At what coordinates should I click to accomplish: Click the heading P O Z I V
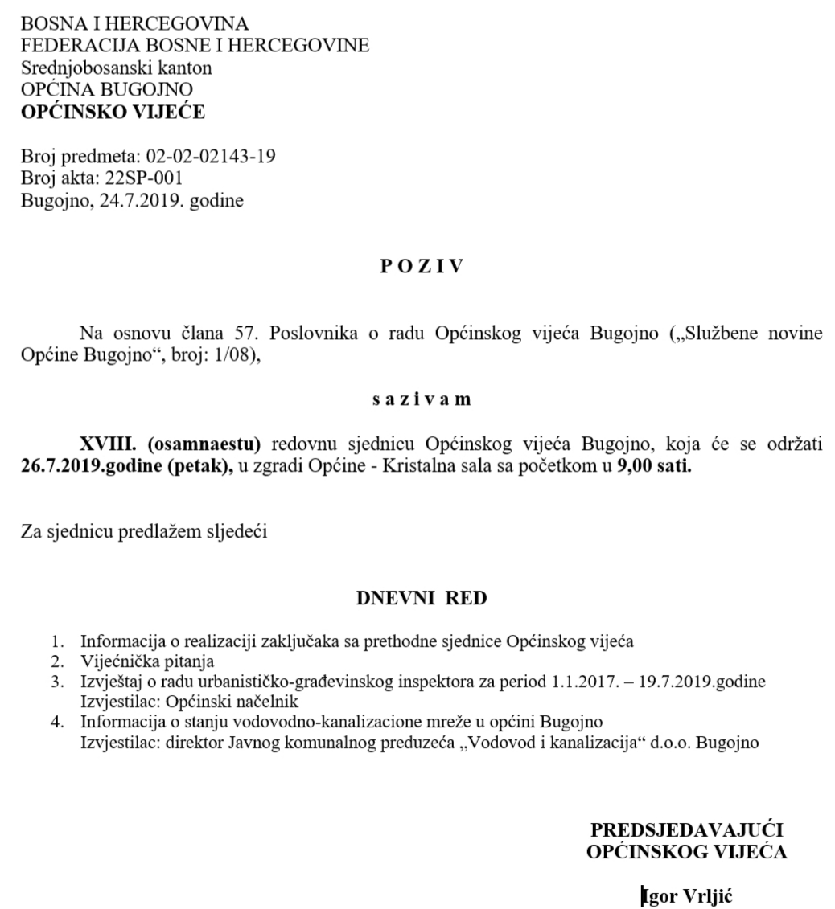[x=422, y=268]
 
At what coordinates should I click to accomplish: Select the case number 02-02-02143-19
[x=211, y=156]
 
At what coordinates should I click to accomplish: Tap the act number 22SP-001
[x=144, y=178]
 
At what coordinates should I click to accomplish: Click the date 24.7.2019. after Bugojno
[x=135, y=200]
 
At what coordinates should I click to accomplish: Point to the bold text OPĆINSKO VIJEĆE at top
[x=113, y=113]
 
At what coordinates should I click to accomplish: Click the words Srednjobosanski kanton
[x=117, y=68]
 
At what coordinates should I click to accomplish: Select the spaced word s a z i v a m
[x=422, y=399]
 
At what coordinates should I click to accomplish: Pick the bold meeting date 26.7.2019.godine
[x=91, y=467]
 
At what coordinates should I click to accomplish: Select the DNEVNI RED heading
[x=422, y=598]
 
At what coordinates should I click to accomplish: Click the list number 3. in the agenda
[x=57, y=682]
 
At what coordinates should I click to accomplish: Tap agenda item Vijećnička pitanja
[x=147, y=661]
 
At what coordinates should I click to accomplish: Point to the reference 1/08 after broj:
[x=233, y=355]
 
